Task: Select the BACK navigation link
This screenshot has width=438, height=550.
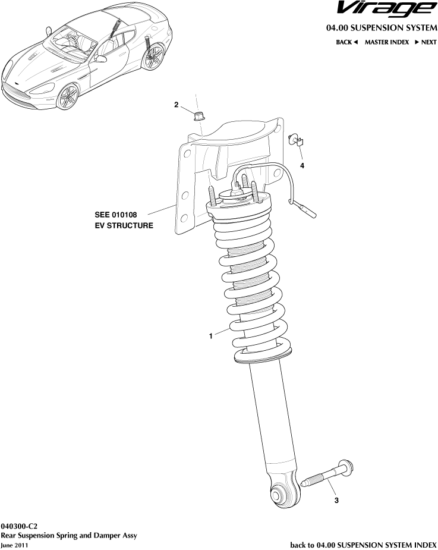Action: point(346,42)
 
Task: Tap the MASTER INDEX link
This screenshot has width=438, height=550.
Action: point(386,42)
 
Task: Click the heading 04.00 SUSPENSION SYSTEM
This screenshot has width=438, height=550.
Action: point(381,28)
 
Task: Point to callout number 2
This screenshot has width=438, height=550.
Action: point(176,105)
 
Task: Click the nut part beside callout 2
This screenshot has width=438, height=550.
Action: point(198,113)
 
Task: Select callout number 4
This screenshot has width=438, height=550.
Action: point(302,166)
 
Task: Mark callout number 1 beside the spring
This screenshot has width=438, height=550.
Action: point(210,337)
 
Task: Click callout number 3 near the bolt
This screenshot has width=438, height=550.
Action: point(336,501)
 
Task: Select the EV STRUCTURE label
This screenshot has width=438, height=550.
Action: point(124,226)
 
